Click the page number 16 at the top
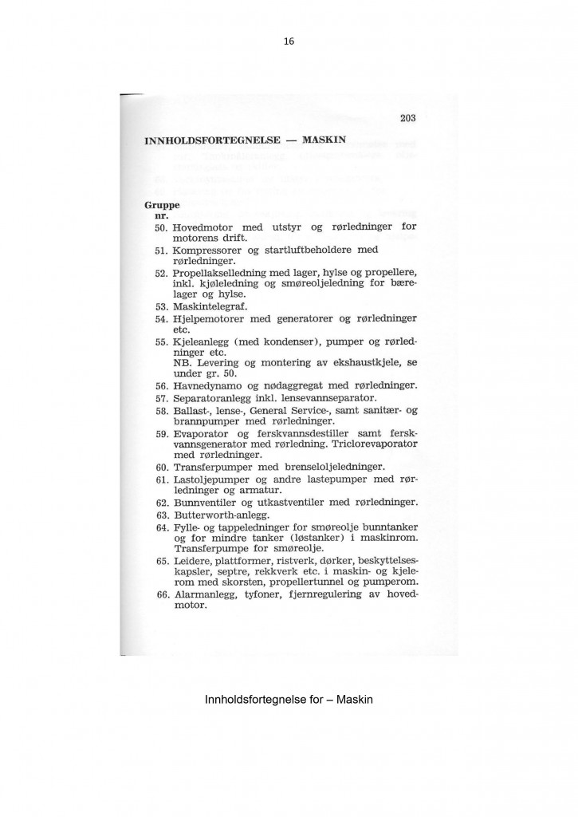[x=289, y=41]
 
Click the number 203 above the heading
[x=408, y=119]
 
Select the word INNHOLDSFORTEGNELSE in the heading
[x=211, y=140]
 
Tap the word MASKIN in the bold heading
[x=324, y=140]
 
